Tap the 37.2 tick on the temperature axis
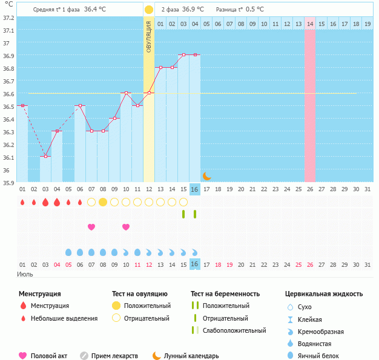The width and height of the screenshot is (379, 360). pos(8,18)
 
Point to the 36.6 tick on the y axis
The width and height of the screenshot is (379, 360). pos(8,94)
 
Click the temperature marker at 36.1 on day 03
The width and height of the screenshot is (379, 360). pos(45,156)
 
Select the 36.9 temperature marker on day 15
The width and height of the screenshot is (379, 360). pos(183,55)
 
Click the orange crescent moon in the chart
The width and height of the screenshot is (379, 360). pos(206,176)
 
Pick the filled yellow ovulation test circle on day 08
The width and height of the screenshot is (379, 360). pos(103,201)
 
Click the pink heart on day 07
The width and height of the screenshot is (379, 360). pos(91,227)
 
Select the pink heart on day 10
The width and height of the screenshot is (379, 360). pos(126,227)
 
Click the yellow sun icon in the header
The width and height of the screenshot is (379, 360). pos(149,10)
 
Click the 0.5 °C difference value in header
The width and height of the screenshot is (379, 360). pos(254,10)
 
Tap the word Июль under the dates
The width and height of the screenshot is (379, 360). pos(25,275)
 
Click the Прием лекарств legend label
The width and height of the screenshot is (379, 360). pos(114,356)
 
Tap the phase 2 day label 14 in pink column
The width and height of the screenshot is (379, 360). pos(310,24)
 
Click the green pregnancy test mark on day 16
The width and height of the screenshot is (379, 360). pos(195,214)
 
